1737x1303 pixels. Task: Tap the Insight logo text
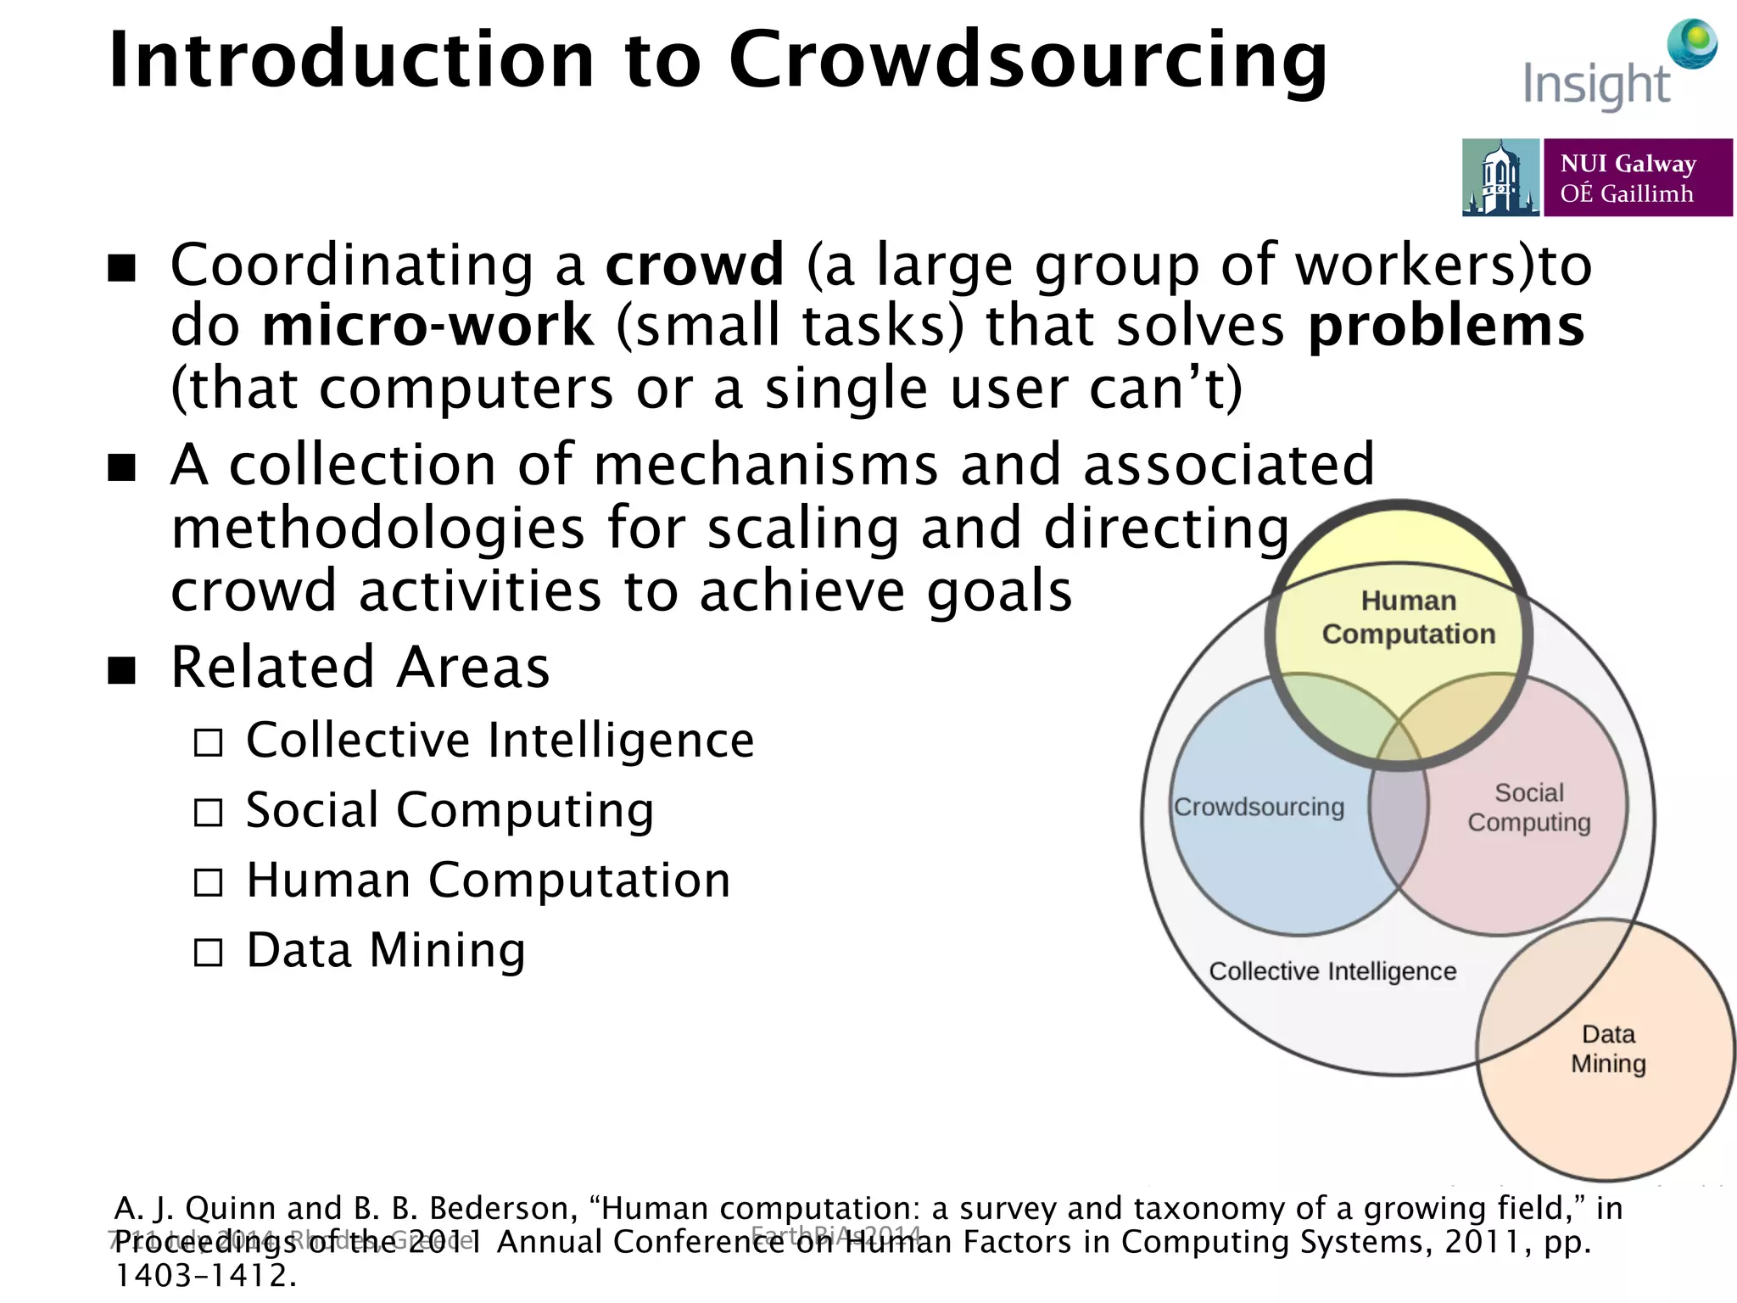tap(1596, 85)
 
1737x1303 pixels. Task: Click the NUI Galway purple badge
tap(1637, 177)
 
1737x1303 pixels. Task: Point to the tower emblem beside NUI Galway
tap(1500, 177)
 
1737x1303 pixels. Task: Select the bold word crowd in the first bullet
tap(695, 265)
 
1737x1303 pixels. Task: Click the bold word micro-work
tap(428, 326)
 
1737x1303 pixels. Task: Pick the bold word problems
tap(1445, 327)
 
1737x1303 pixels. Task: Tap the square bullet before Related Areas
tap(122, 669)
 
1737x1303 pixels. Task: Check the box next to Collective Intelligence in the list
tap(208, 743)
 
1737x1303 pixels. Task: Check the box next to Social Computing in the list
tap(208, 813)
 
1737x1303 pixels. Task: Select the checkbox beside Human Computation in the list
tap(208, 883)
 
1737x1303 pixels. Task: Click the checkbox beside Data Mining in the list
tap(208, 953)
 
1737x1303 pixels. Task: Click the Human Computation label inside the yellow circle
tap(1408, 617)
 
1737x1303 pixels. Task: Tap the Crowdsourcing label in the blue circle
tap(1259, 807)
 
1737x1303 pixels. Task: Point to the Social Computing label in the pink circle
tap(1528, 807)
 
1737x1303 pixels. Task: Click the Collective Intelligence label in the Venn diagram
tap(1332, 971)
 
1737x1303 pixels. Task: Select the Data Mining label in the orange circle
tap(1608, 1049)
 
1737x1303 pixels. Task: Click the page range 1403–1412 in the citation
tap(206, 1275)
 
